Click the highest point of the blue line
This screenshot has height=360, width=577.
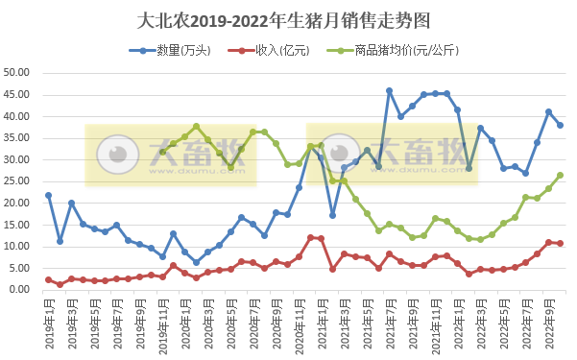(389, 90)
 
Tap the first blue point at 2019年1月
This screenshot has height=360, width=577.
(48, 195)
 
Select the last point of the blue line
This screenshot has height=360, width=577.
(560, 125)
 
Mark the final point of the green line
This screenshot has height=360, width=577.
(560, 175)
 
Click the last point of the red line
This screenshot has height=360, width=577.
(560, 243)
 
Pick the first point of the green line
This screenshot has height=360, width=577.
(162, 152)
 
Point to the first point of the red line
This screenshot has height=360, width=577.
(48, 279)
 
